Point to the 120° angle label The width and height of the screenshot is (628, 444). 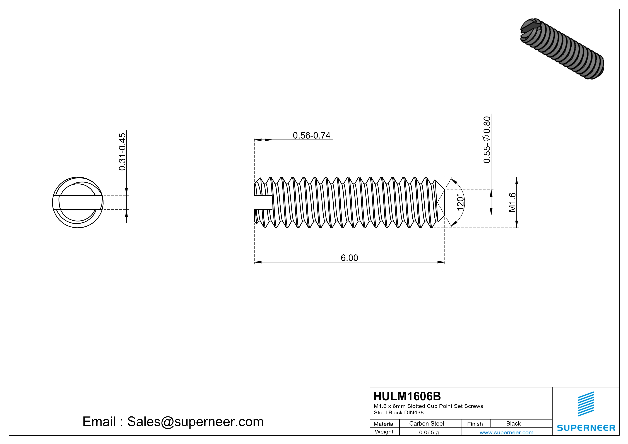(x=460, y=202)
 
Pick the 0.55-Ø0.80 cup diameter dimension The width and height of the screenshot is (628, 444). (x=487, y=140)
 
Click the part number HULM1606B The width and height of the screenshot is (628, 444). (x=407, y=396)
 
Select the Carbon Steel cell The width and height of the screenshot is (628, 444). (x=426, y=423)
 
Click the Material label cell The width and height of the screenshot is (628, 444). (x=384, y=424)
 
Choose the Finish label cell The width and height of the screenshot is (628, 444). (x=475, y=424)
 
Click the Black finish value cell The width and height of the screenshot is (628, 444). (x=513, y=423)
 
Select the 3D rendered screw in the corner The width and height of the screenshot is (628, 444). (x=562, y=49)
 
